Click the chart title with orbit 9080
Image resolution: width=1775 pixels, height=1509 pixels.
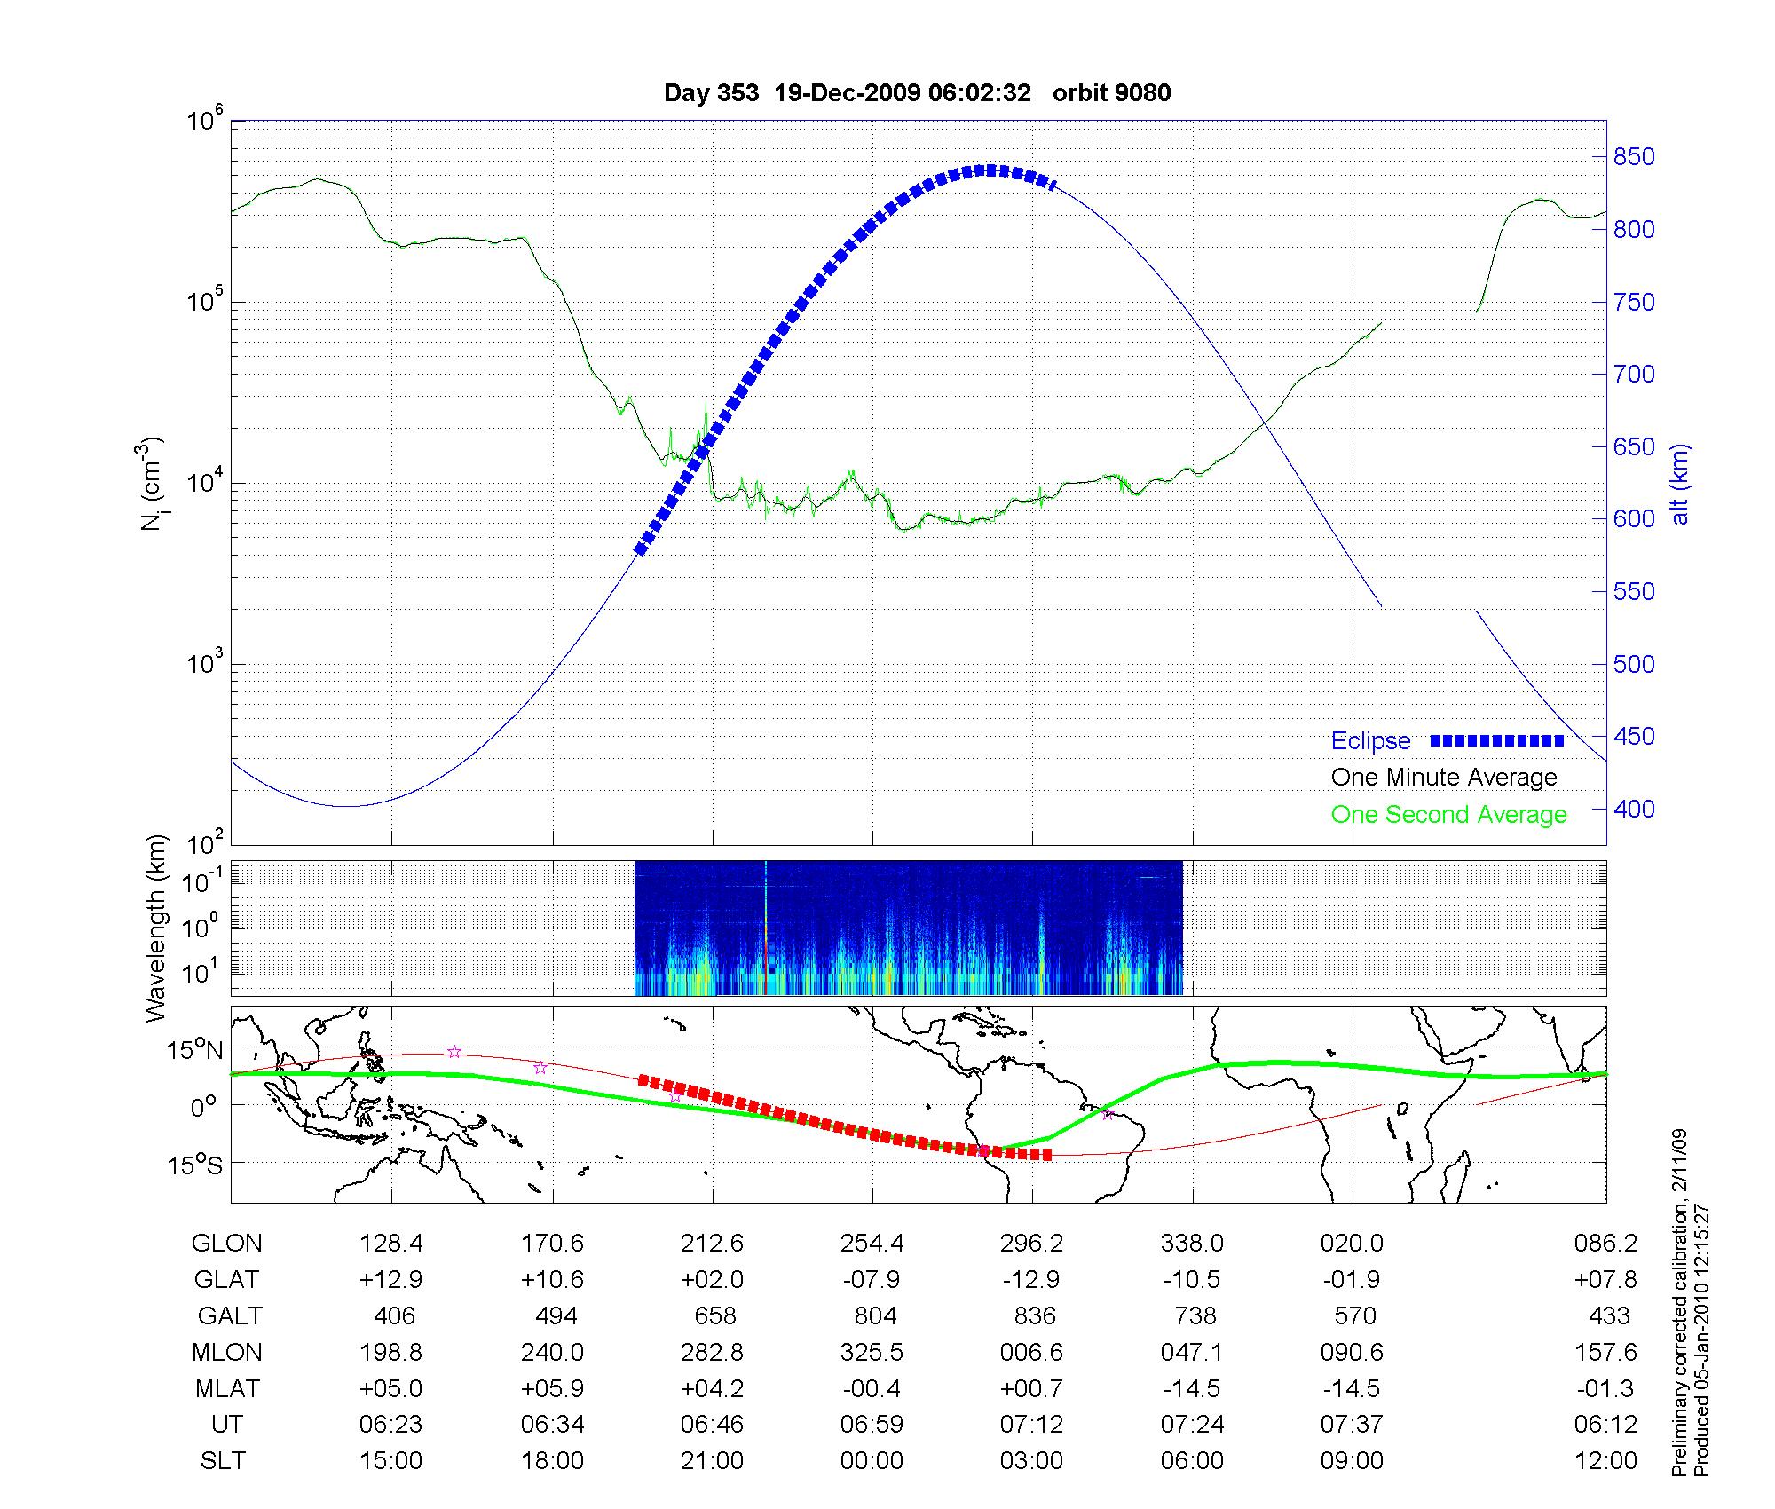[917, 93]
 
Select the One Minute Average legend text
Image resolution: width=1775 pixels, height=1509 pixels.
[1444, 778]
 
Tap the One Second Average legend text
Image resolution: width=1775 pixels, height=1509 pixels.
[1448, 815]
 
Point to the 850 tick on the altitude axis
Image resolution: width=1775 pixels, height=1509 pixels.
[1634, 157]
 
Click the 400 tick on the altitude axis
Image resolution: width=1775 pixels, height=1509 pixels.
[1634, 809]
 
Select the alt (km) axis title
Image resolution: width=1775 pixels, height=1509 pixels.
[1679, 484]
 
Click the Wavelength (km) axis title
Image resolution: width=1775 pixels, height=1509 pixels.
[157, 928]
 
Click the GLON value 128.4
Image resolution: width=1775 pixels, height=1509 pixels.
[391, 1244]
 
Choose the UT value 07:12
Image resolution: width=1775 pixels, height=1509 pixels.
[1031, 1425]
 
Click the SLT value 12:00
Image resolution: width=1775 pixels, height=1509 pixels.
[1605, 1461]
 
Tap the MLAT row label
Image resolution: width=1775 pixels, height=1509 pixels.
[227, 1388]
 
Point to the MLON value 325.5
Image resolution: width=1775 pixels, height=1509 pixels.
[872, 1352]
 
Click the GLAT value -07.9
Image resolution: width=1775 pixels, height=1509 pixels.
[872, 1280]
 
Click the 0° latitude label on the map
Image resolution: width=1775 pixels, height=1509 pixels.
[203, 1108]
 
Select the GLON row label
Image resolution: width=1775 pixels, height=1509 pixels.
[227, 1244]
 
